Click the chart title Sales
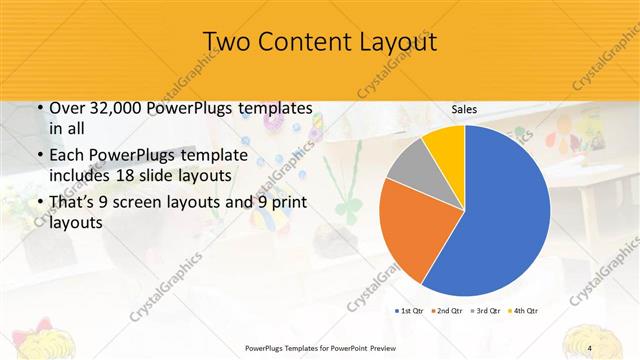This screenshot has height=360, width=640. point(463,108)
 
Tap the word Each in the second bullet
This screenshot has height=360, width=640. point(68,156)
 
